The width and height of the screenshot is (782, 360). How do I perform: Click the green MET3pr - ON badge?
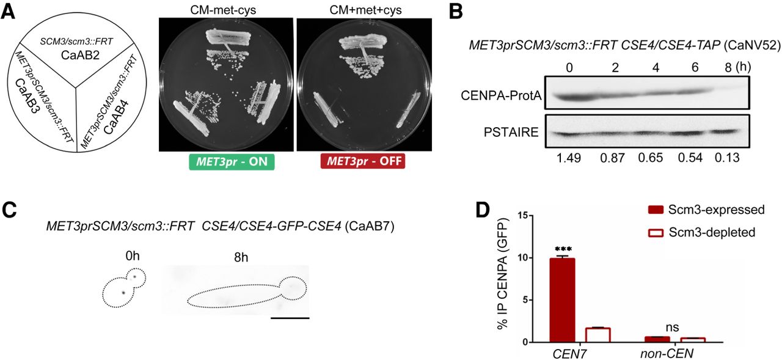232,162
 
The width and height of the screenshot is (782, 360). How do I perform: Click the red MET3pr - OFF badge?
363,161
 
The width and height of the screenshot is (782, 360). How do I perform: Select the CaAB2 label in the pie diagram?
80,55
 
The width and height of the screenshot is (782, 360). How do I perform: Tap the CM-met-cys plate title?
223,10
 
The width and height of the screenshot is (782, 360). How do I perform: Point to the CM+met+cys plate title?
365,10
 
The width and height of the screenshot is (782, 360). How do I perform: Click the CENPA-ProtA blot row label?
501,95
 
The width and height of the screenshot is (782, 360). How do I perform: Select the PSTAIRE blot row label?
511,133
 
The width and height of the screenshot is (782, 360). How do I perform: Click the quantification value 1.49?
569,158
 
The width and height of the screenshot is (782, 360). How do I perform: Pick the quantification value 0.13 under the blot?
727,158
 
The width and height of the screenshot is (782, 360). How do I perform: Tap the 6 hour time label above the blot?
695,67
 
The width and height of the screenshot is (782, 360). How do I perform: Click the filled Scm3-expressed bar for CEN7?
563,300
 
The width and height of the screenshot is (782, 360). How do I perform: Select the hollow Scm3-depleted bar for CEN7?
597,335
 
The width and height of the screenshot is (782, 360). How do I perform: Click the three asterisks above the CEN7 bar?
563,249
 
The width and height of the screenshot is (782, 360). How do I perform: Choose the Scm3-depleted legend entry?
701,232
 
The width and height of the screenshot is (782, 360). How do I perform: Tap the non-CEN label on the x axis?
667,353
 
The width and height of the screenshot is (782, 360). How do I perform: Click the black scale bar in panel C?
290,318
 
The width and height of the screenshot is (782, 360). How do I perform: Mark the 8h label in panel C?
241,257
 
